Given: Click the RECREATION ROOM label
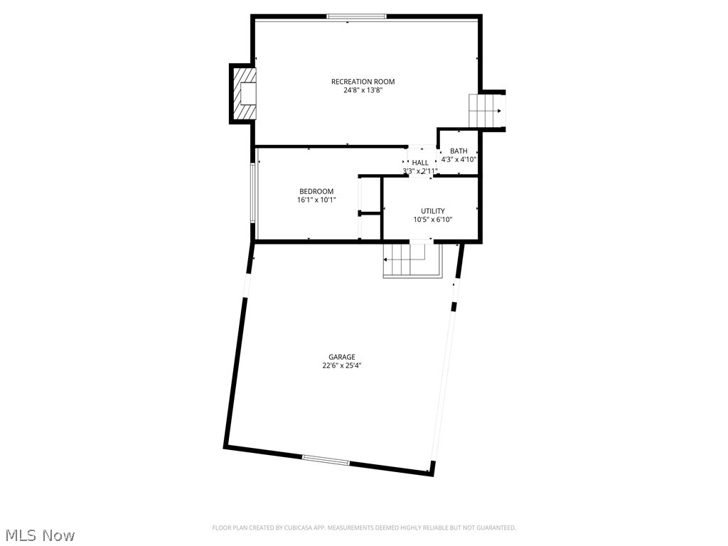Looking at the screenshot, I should click(363, 82).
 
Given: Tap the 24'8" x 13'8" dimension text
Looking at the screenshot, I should click(363, 90).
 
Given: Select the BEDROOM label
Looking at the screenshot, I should click(316, 191).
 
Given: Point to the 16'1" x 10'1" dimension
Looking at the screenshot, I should click(316, 200).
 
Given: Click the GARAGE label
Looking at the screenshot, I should click(341, 357).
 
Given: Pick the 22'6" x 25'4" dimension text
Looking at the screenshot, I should click(341, 365).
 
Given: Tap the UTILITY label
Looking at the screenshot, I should click(432, 211).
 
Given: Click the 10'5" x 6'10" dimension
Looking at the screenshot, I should click(432, 220).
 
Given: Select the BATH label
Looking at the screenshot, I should click(459, 151).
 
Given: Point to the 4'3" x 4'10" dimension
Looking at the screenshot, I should click(459, 159).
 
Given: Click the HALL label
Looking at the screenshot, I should click(420, 163).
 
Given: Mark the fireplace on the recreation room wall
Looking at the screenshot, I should click(244, 94).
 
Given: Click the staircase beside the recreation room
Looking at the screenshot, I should click(486, 111).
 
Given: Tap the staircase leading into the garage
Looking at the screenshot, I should click(410, 260).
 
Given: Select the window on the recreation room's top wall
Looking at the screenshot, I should click(356, 16).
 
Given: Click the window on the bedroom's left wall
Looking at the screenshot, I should click(254, 193).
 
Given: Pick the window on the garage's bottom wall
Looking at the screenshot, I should click(326, 460).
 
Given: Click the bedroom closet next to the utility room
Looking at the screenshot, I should click(370, 208).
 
